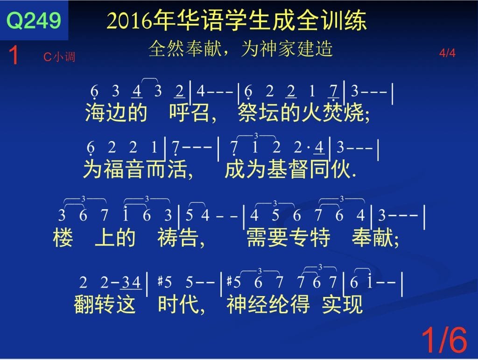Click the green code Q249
[x=34, y=21]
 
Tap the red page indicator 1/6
[x=444, y=340]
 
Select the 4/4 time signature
[x=447, y=53]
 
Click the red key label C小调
[x=59, y=56]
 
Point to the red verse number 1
[x=14, y=55]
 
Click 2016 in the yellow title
[x=130, y=21]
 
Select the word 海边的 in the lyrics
[x=116, y=112]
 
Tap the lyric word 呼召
[x=189, y=112]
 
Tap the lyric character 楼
[x=63, y=238]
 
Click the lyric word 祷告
[x=178, y=238]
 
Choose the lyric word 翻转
[x=94, y=304]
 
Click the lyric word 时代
[x=178, y=304]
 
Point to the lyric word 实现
[x=342, y=304]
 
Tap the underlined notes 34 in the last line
[x=131, y=282]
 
